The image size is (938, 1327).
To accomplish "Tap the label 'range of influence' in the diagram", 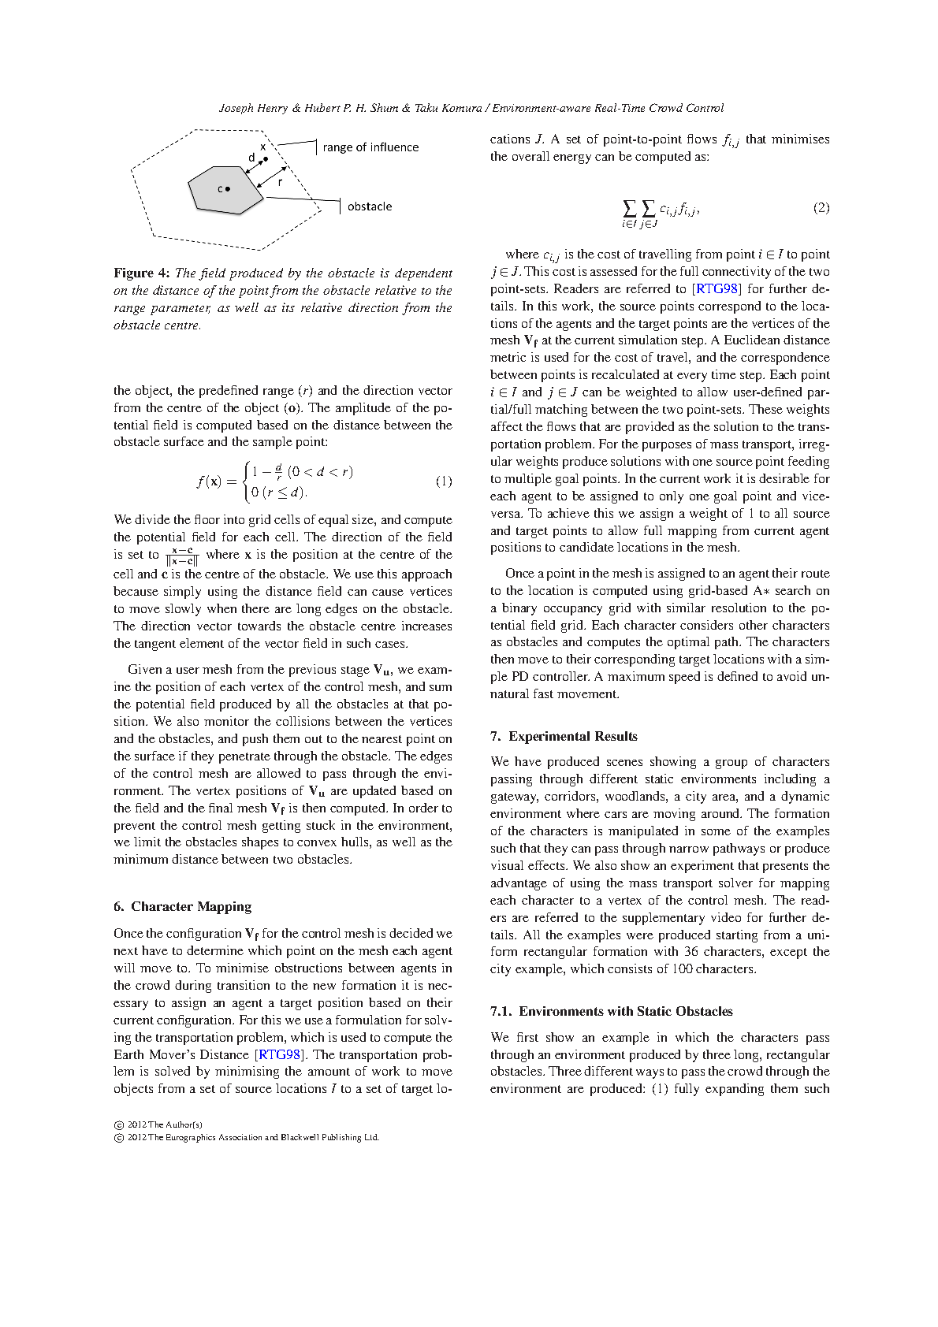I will tap(370, 147).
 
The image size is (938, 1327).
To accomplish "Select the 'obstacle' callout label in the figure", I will tap(370, 206).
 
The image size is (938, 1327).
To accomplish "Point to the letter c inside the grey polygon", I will tap(220, 189).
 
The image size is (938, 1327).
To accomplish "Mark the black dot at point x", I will tap(266, 158).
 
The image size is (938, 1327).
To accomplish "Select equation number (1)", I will tap(444, 481).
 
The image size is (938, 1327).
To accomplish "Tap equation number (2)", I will tap(821, 208).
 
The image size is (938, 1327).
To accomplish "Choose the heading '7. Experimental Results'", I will tap(564, 736).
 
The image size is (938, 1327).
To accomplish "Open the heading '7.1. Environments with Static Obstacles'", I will tap(611, 1011).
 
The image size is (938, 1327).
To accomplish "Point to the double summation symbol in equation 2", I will tap(638, 209).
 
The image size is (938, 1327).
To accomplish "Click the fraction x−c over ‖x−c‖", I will tap(182, 556).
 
